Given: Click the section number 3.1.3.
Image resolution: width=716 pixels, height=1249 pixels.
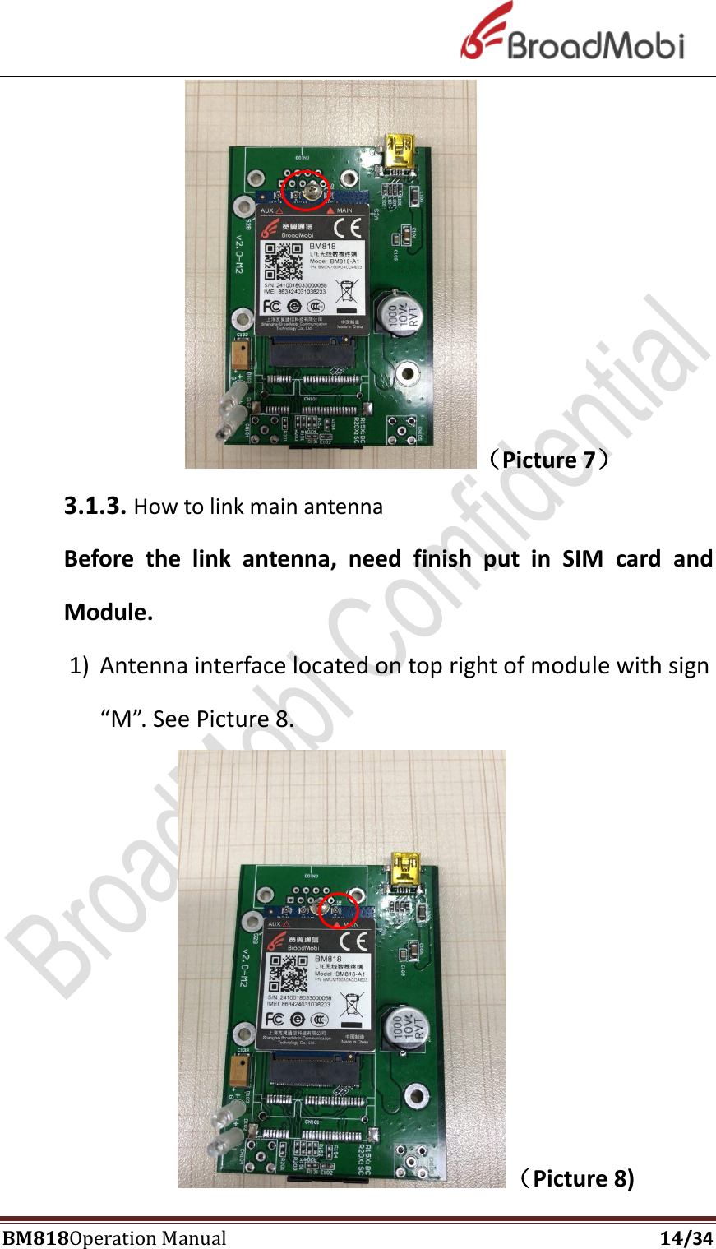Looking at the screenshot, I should click(95, 506).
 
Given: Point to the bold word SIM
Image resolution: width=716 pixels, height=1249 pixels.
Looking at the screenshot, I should click(583, 559).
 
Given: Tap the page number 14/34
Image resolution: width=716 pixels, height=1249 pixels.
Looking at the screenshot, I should click(686, 1237).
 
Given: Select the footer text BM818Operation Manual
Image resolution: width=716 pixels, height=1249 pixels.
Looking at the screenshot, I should click(114, 1237).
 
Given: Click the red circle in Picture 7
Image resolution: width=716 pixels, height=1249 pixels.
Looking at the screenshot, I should click(306, 192).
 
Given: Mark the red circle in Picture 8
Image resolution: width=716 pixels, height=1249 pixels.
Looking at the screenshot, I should click(338, 909).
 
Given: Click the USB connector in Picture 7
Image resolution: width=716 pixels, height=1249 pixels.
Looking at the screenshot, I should click(400, 156).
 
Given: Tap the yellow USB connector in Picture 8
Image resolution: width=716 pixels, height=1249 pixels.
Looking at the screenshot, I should click(406, 872).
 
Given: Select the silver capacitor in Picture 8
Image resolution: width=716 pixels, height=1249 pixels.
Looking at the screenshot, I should click(405, 1029).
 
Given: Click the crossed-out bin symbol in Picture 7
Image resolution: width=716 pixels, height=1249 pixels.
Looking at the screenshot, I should click(348, 290).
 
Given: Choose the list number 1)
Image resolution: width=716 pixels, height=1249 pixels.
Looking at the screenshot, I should click(79, 665).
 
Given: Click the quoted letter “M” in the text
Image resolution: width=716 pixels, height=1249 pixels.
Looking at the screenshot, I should click(122, 719).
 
